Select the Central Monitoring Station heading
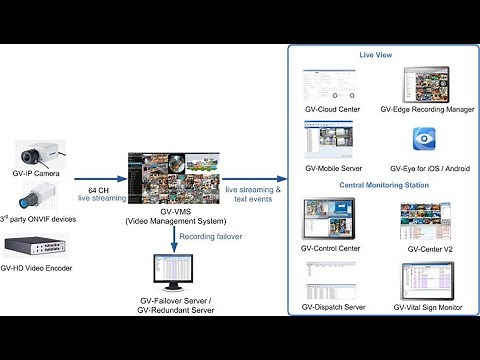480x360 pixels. click(x=376, y=184)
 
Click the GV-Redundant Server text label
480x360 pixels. click(x=174, y=312)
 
